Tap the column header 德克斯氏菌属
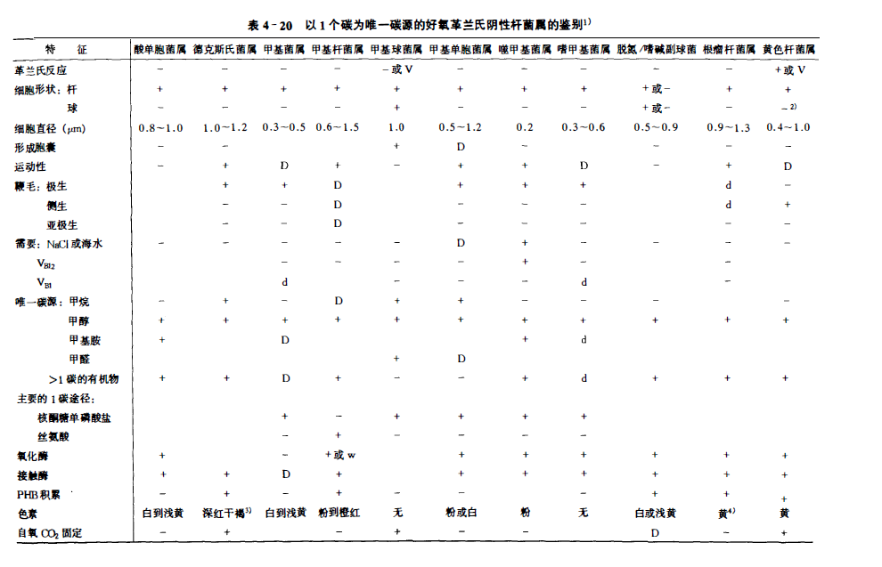(x=225, y=49)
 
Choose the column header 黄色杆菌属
(x=788, y=49)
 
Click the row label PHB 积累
(x=40, y=493)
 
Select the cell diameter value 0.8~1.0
(x=160, y=128)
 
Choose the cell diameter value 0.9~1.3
(x=729, y=128)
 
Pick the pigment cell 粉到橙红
(x=338, y=514)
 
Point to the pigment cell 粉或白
(x=461, y=514)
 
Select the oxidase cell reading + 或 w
(x=340, y=455)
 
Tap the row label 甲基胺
(x=85, y=339)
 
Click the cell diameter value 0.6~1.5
(x=338, y=128)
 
